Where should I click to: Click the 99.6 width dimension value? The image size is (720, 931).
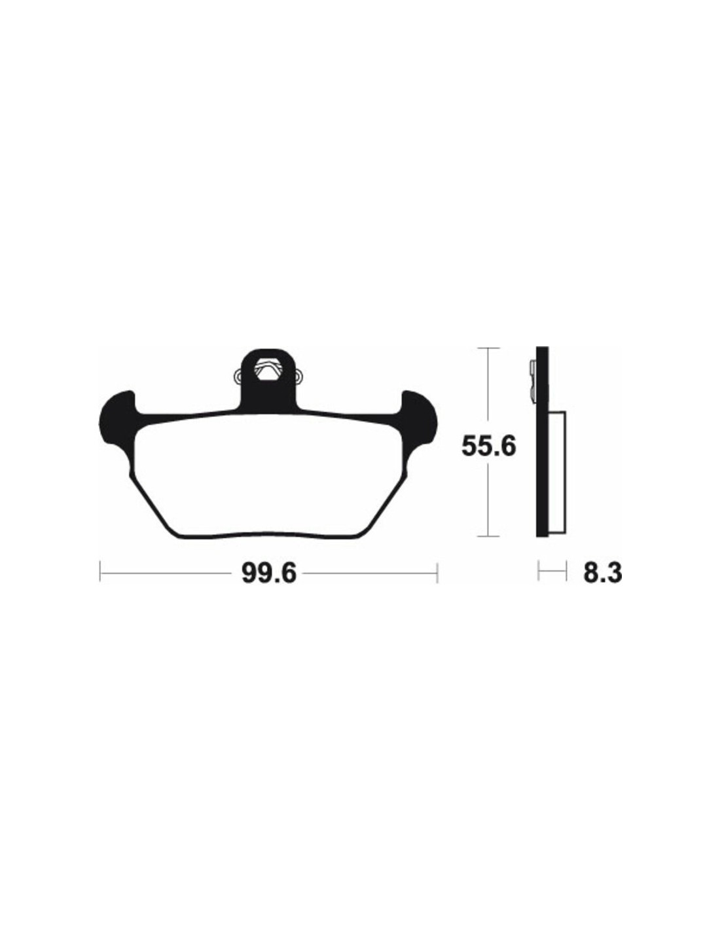point(269,572)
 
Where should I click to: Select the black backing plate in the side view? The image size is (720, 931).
point(542,441)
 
